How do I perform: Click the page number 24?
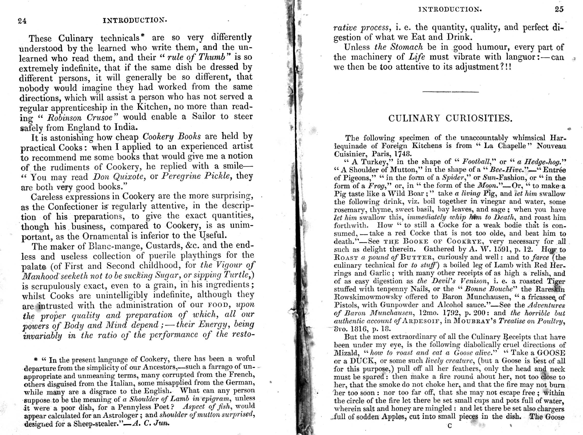(x=22, y=21)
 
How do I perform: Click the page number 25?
(x=559, y=9)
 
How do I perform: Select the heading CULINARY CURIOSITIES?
(x=450, y=118)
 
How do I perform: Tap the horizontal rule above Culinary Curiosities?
(x=450, y=92)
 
